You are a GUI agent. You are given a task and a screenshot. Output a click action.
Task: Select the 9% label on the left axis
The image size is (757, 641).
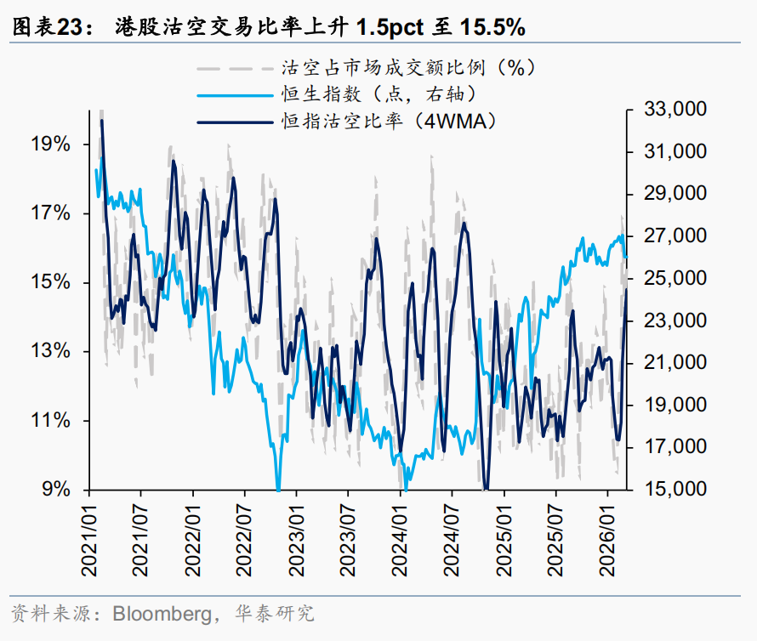pyautogui.click(x=57, y=490)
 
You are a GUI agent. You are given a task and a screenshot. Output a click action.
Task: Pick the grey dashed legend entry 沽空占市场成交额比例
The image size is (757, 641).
pyautogui.click(x=400, y=66)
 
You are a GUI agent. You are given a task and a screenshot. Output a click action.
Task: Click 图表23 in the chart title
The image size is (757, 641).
pyautogui.click(x=49, y=28)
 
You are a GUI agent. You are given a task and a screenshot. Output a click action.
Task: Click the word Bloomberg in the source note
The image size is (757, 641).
pyautogui.click(x=159, y=613)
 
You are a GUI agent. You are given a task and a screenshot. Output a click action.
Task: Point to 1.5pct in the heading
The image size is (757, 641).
pyautogui.click(x=387, y=28)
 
